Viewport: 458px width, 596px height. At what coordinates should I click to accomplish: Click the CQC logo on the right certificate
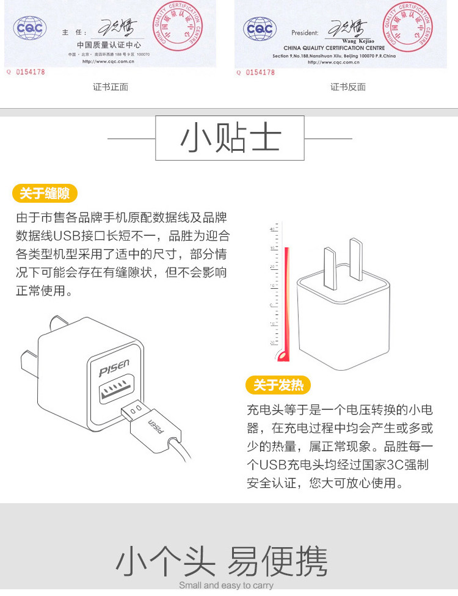(260, 28)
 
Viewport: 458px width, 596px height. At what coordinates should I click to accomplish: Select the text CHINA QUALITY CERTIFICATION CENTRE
(334, 48)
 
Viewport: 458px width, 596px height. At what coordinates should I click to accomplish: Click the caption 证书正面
(111, 87)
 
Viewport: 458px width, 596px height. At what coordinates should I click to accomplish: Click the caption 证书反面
(348, 87)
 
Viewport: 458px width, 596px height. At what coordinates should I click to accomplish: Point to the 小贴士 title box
(230, 139)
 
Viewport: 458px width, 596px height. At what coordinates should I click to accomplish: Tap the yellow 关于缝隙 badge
(45, 194)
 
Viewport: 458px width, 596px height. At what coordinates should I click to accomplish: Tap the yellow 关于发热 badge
(278, 385)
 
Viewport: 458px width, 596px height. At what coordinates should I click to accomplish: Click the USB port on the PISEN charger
(117, 390)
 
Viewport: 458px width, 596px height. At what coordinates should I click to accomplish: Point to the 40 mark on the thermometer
(272, 229)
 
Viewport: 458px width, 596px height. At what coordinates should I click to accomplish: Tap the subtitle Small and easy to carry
(226, 585)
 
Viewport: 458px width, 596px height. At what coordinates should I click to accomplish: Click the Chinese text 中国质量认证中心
(109, 45)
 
